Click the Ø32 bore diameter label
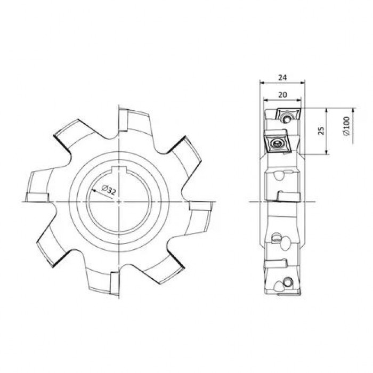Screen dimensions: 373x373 109,190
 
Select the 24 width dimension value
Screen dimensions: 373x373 282,77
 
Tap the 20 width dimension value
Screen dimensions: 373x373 282,95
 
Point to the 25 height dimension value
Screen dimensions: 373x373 321,131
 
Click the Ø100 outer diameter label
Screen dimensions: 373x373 346,126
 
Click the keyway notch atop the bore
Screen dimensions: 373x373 118,169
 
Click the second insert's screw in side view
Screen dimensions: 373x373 277,143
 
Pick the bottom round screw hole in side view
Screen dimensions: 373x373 288,282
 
